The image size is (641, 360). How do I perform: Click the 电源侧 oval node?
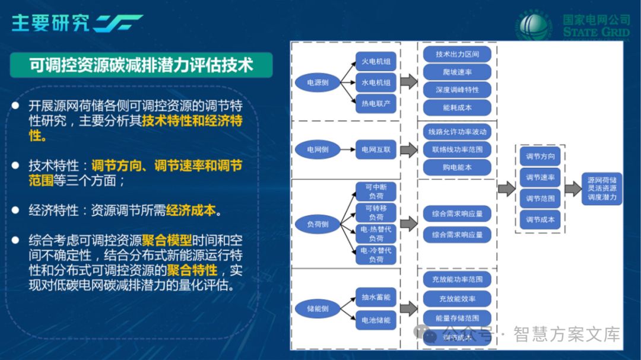(x=318, y=83)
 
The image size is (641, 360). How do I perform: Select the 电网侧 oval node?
(x=318, y=149)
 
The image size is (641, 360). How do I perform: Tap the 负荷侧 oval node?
(x=318, y=224)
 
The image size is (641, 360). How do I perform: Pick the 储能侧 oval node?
(x=318, y=308)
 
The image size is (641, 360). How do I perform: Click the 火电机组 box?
(x=376, y=62)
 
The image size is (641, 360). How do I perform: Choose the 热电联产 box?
(x=376, y=104)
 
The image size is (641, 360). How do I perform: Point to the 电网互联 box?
(x=376, y=149)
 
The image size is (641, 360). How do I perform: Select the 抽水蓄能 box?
(x=376, y=297)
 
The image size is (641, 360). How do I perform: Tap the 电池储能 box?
(x=376, y=320)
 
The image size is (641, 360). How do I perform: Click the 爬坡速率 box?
(x=457, y=72)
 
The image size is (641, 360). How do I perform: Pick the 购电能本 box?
(x=457, y=167)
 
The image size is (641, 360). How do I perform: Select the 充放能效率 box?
(x=457, y=298)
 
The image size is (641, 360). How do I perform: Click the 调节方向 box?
(x=540, y=157)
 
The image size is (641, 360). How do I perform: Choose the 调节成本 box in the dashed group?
(x=540, y=219)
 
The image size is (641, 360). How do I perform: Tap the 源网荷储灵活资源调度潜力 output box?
(x=602, y=188)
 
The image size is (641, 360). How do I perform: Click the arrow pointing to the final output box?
(x=573, y=189)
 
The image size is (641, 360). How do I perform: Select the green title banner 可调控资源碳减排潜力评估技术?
(x=141, y=65)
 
